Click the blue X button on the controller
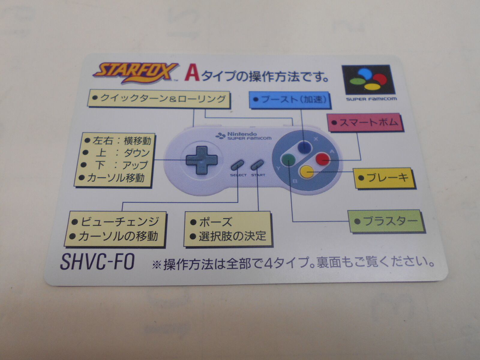coord(304,147)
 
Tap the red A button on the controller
coord(323,159)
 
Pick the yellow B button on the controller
coord(307,172)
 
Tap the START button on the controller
coord(257,164)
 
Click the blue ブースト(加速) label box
coord(290,100)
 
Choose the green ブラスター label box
coord(386,221)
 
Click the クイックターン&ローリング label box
coord(159,99)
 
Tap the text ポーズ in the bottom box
coord(215,222)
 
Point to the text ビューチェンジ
coord(119,222)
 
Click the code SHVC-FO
coord(97,261)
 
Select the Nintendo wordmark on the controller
coord(242,134)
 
